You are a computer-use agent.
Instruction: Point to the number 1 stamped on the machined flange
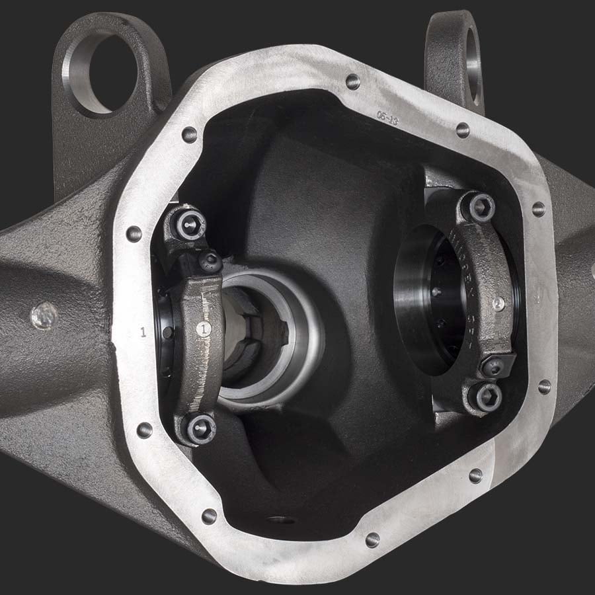click(x=143, y=332)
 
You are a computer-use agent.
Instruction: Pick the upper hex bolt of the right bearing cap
click(x=481, y=206)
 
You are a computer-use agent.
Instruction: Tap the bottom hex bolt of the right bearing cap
click(x=487, y=397)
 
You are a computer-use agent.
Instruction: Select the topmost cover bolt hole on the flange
click(x=352, y=81)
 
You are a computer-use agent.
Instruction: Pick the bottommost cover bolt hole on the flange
click(x=372, y=539)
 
